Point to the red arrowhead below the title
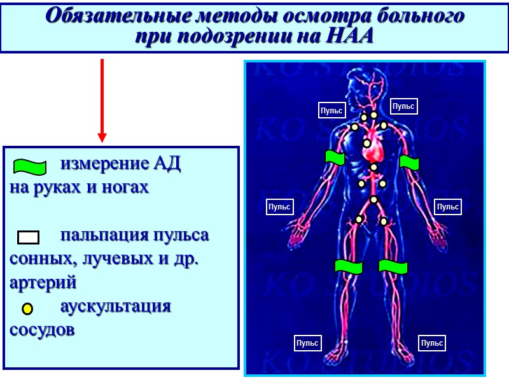(102, 137)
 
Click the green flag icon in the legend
(30, 167)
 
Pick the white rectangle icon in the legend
(28, 237)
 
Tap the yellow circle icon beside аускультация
(27, 309)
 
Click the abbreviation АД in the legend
(167, 164)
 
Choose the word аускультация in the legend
(115, 306)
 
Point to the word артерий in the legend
(43, 283)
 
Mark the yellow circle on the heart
(367, 143)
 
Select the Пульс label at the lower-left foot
(307, 343)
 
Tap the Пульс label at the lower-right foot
(432, 343)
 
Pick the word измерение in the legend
(102, 164)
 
